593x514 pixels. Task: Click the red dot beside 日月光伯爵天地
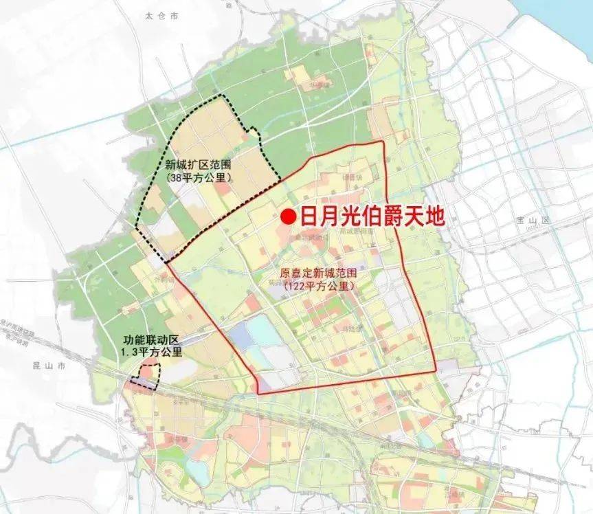pos(289,217)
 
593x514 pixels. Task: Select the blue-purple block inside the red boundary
pos(242,335)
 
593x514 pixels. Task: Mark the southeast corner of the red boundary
pos(436,372)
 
